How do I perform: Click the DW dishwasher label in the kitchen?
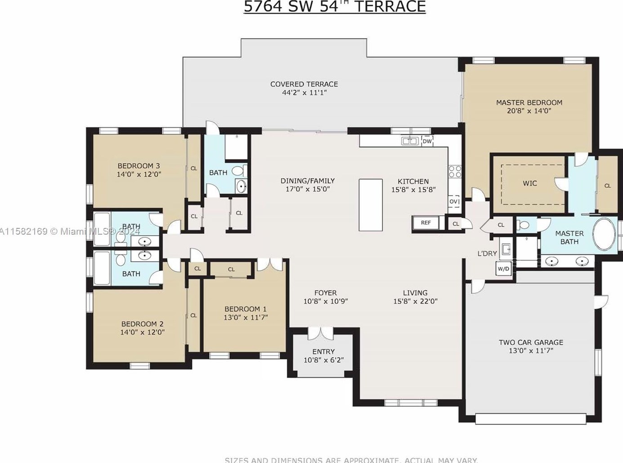point(427,141)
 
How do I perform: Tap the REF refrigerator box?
point(426,223)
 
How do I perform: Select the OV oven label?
point(454,201)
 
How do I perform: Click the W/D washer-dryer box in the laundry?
point(503,269)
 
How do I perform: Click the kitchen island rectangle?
point(371,205)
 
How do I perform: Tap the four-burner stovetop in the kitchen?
point(454,172)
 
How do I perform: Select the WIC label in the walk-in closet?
point(529,183)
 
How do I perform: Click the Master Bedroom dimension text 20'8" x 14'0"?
point(529,111)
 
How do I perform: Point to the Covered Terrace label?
point(304,84)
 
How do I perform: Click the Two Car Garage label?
point(531,342)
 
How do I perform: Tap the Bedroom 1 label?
point(246,309)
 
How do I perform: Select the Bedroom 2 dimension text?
point(142,332)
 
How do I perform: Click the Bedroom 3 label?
point(139,165)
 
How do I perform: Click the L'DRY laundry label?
point(487,254)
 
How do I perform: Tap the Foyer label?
point(325,293)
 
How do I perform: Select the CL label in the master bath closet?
point(607,186)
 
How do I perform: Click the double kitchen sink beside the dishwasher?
point(410,141)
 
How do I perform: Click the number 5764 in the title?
point(263,6)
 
